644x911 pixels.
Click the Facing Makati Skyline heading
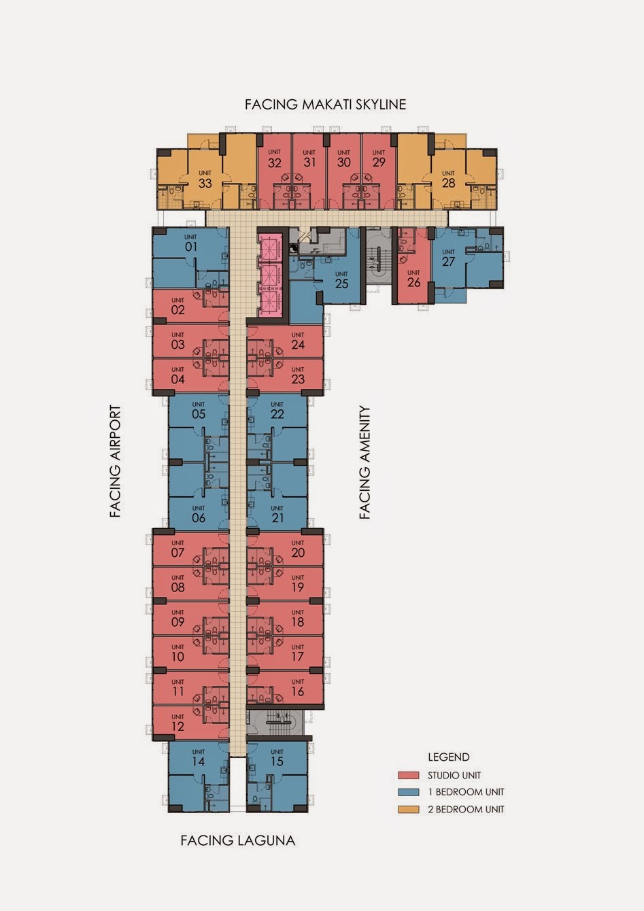point(326,105)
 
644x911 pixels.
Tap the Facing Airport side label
point(116,461)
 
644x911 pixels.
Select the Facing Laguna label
point(238,840)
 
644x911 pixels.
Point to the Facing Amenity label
point(365,462)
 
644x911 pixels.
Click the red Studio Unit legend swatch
point(409,775)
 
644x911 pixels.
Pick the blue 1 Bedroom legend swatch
point(409,792)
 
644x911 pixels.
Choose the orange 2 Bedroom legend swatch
point(409,809)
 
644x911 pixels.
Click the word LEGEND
point(449,757)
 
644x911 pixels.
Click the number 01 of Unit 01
point(191,247)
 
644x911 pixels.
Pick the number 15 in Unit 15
point(277,761)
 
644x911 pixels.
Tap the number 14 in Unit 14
point(198,761)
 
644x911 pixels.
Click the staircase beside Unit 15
point(276,722)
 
